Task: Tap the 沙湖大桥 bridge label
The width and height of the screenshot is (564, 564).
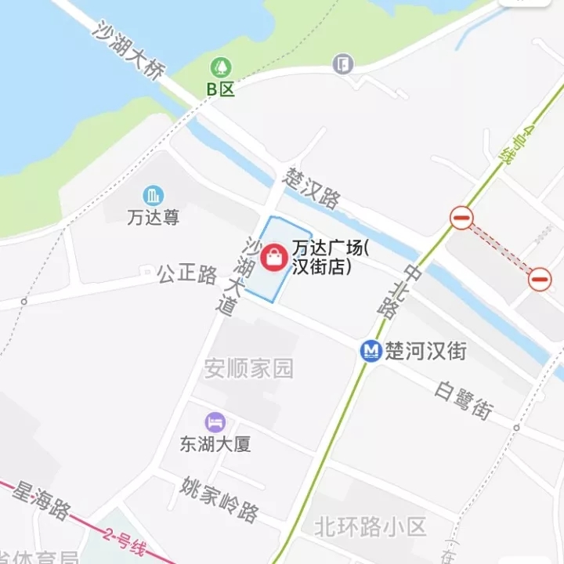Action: (x=128, y=52)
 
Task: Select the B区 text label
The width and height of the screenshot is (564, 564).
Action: (x=221, y=89)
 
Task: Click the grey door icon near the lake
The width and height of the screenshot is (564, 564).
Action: (x=342, y=63)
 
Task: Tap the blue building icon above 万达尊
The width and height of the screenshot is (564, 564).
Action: (x=153, y=195)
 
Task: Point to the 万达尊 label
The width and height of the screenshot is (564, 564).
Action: (x=153, y=217)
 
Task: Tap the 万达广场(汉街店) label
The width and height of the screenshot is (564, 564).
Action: (x=330, y=257)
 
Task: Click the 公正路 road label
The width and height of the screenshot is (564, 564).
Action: (x=187, y=274)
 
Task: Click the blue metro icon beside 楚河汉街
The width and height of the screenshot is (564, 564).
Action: (x=371, y=350)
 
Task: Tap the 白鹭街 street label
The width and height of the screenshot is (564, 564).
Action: (x=465, y=399)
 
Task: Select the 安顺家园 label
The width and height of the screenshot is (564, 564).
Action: (x=249, y=368)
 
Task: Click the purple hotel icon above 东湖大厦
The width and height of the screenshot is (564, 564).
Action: (x=215, y=421)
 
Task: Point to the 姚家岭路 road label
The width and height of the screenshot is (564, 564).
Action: (x=219, y=499)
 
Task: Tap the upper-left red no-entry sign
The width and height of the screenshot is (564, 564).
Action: (x=461, y=219)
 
